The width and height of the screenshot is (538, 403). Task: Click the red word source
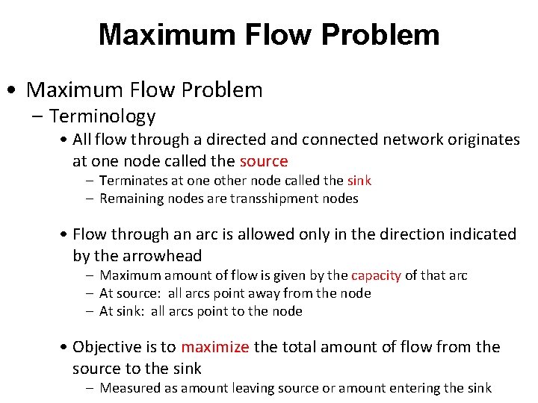point(263,161)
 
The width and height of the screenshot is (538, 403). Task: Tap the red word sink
point(359,181)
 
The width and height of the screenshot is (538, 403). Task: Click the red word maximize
point(215,347)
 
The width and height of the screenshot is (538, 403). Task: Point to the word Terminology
point(102,116)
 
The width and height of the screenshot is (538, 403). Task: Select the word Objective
point(114,347)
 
